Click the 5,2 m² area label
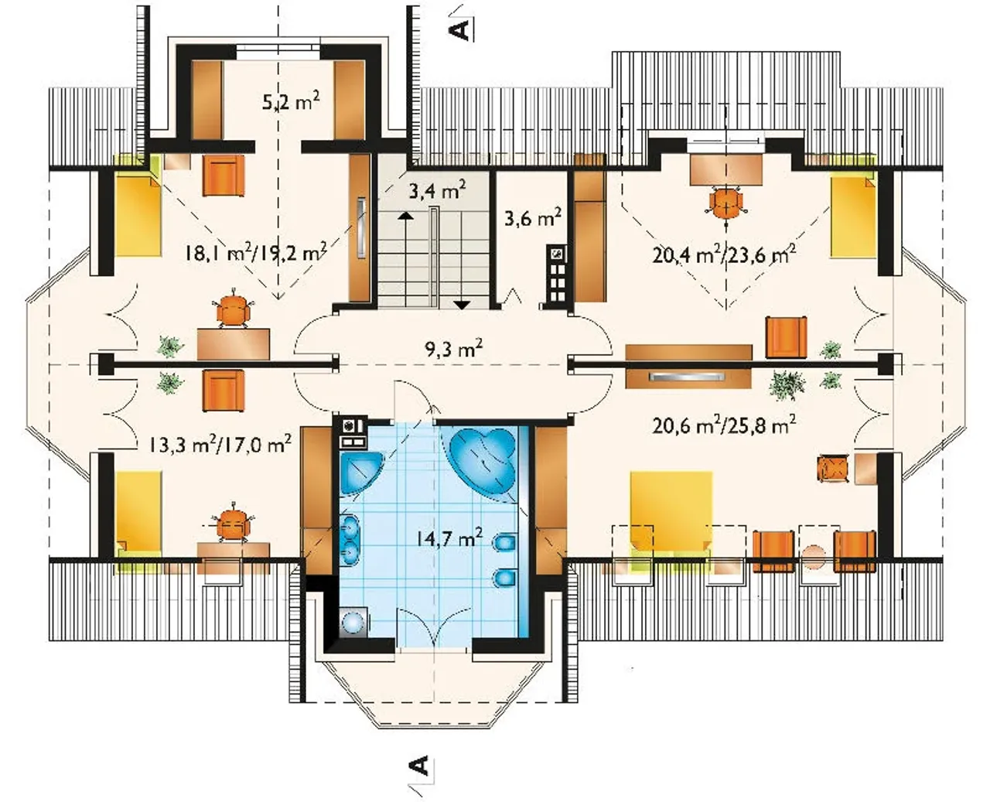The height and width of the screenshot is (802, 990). [x=291, y=101]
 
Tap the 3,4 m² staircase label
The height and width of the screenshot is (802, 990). [x=437, y=190]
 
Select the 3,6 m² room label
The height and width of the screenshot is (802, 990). [x=533, y=217]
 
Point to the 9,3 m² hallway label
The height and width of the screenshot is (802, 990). [x=452, y=349]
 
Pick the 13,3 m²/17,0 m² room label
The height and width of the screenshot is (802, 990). [x=220, y=444]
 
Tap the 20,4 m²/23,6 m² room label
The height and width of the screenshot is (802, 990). [x=724, y=254]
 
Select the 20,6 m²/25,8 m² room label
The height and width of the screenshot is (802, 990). [x=724, y=425]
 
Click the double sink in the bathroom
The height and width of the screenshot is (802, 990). [x=350, y=542]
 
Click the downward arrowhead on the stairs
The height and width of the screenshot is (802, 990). [x=462, y=305]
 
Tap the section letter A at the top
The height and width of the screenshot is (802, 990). [x=459, y=30]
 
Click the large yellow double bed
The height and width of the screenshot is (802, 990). [x=671, y=514]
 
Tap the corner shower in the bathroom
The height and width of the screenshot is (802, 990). [x=360, y=473]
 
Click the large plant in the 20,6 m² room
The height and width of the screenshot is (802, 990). [x=786, y=384]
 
